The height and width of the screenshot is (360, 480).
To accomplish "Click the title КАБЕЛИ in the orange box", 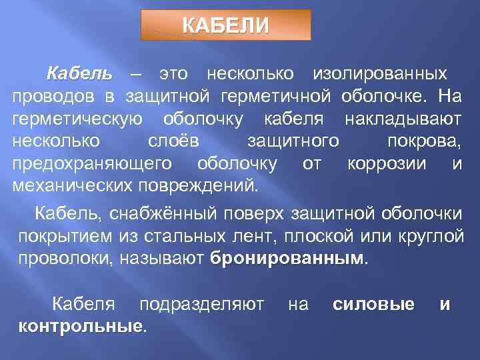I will pos(225,25).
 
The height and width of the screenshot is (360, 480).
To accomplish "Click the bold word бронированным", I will pos(287,259).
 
